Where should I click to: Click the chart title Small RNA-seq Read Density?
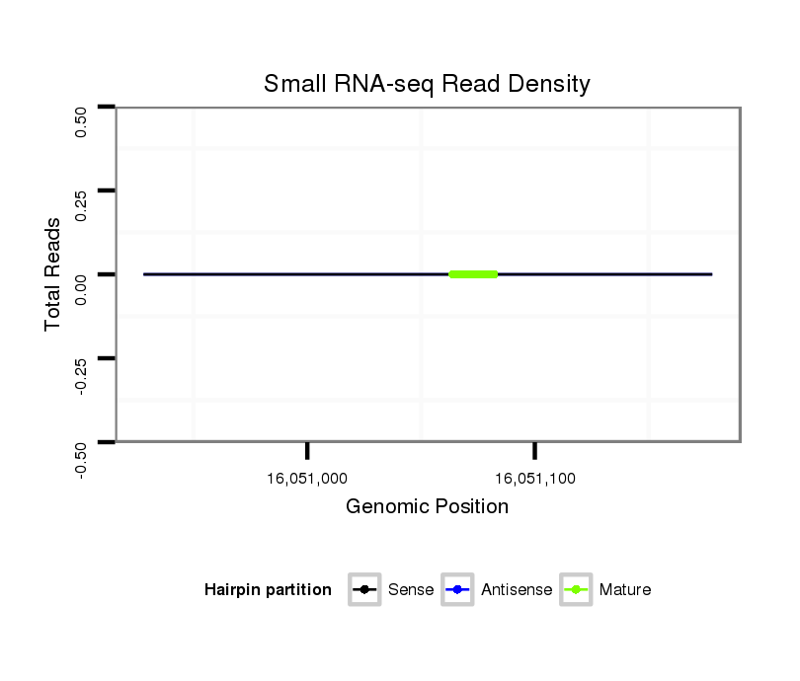tap(427, 84)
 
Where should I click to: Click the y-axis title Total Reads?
tap(54, 273)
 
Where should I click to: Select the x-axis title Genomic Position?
tap(427, 506)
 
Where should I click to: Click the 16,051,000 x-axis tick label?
tap(307, 479)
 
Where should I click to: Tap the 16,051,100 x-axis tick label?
tap(534, 479)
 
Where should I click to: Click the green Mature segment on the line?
tap(473, 273)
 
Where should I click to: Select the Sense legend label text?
tap(411, 590)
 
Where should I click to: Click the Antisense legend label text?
tap(516, 590)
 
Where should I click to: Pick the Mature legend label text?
tap(625, 590)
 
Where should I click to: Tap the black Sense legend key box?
tap(365, 590)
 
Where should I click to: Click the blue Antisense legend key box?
tap(458, 590)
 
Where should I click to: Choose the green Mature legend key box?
tap(576, 590)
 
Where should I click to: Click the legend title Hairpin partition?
tap(268, 590)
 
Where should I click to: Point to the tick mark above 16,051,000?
tap(307, 450)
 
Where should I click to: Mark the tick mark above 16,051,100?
tap(534, 450)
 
